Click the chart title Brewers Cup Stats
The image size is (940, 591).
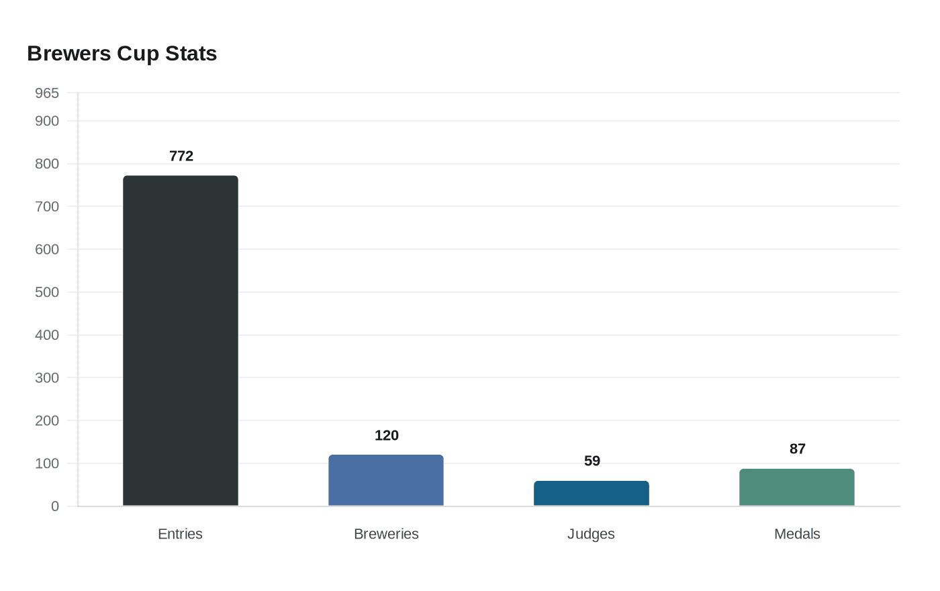tap(122, 54)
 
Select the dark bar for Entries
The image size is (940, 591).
tap(181, 340)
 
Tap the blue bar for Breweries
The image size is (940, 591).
tap(386, 480)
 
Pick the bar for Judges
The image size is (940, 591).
tap(592, 494)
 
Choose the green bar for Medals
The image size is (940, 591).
tap(797, 488)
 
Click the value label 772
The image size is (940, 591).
tap(181, 156)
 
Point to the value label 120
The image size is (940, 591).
tap(387, 436)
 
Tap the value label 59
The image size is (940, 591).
tap(592, 461)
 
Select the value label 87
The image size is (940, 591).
tap(798, 449)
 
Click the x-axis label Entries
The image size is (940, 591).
tap(180, 534)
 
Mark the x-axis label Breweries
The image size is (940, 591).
tap(386, 534)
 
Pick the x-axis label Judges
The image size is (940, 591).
tap(591, 534)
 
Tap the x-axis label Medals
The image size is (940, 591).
tap(797, 534)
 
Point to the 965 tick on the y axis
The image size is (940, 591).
tap(47, 93)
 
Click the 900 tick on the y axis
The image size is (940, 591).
tap(47, 121)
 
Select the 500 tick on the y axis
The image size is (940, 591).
tap(47, 292)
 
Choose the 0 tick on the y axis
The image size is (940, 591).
tap(55, 506)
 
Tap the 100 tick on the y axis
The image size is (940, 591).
tap(47, 463)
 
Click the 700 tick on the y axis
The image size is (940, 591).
tap(47, 207)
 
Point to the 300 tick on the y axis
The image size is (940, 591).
tap(47, 378)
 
